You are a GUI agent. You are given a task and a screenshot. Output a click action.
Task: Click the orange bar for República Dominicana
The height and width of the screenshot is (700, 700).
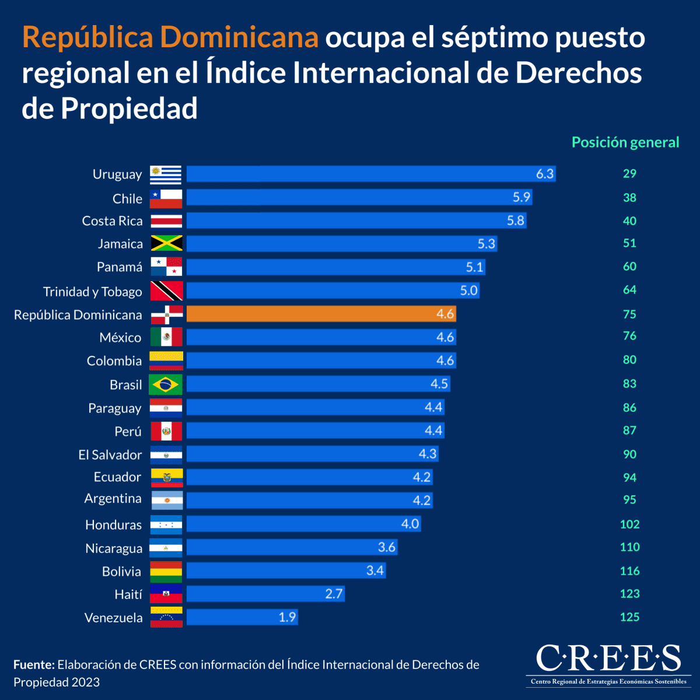click(x=321, y=314)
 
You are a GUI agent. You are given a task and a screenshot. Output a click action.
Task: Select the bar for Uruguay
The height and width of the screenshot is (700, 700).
click(x=370, y=174)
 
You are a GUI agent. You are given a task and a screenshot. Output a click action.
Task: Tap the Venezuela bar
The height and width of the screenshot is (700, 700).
click(x=242, y=617)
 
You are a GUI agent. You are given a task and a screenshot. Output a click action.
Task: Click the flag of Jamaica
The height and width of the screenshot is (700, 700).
click(x=166, y=243)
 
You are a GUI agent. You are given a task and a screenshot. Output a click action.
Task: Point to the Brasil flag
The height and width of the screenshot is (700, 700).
click(x=166, y=384)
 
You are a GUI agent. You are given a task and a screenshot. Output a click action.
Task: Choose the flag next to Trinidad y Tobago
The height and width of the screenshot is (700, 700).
click(x=166, y=290)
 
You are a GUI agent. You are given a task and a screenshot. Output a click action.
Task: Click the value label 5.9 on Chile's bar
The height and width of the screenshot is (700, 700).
click(x=521, y=197)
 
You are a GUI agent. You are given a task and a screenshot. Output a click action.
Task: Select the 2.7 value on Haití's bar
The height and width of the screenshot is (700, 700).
click(x=334, y=594)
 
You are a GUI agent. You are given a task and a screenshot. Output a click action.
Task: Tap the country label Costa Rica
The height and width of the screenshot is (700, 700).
click(x=112, y=221)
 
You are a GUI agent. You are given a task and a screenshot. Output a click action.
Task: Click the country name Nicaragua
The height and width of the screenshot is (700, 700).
click(x=114, y=548)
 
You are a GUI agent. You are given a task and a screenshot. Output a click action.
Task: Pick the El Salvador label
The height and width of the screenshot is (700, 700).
click(x=110, y=455)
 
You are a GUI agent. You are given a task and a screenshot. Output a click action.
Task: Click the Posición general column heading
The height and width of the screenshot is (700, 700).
click(x=625, y=142)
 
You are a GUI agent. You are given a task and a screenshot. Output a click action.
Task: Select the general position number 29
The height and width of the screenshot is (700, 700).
click(x=629, y=174)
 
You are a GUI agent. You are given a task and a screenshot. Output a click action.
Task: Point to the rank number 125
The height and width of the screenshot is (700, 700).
click(x=629, y=617)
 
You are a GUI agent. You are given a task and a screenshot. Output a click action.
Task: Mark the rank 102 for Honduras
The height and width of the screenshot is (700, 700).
click(x=629, y=524)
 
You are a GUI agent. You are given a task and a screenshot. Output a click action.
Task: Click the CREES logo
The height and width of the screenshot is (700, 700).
click(x=608, y=664)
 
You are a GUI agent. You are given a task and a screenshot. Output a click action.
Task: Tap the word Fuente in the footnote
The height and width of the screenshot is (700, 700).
click(x=34, y=664)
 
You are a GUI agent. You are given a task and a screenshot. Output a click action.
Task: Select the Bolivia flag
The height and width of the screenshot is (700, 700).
click(x=166, y=572)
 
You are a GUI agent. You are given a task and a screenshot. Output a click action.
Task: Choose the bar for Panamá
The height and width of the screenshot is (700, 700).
click(x=335, y=267)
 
